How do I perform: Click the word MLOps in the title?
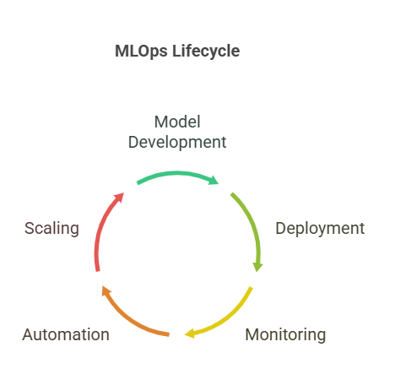pyautogui.click(x=141, y=52)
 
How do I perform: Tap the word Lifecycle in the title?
pyautogui.click(x=206, y=52)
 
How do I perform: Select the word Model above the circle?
pyautogui.click(x=177, y=122)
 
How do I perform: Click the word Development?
pyautogui.click(x=177, y=143)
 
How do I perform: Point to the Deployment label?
pyautogui.click(x=320, y=228)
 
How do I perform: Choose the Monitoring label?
pyautogui.click(x=285, y=335)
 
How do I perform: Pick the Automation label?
pyautogui.click(x=66, y=334)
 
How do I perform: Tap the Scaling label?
pyautogui.click(x=51, y=228)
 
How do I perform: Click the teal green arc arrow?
pyautogui.click(x=177, y=173)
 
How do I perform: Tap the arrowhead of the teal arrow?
pyautogui.click(x=214, y=180)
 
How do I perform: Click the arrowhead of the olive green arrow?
pyautogui.click(x=257, y=267)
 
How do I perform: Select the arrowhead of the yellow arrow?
pyautogui.click(x=190, y=333)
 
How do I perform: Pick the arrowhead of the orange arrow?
pyautogui.click(x=106, y=290)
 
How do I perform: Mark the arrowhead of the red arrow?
pyautogui.click(x=119, y=198)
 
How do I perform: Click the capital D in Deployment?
pyautogui.click(x=281, y=228)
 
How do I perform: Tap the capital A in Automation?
pyautogui.click(x=29, y=334)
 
